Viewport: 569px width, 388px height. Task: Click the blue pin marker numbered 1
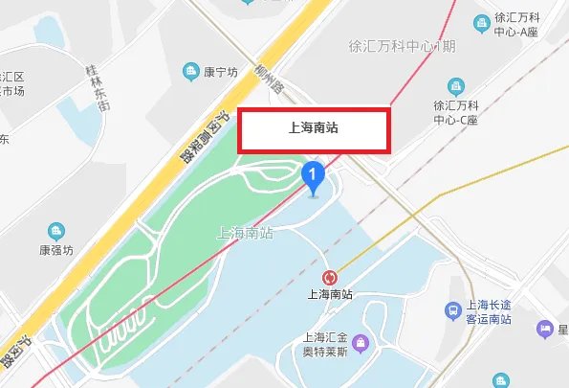click(313, 176)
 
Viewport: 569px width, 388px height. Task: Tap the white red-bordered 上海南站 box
click(314, 131)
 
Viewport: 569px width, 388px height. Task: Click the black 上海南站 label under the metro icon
click(330, 295)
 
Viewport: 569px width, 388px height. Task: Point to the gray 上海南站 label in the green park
click(247, 232)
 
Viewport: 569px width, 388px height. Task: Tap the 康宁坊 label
click(220, 72)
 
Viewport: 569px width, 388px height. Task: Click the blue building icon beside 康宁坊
click(191, 72)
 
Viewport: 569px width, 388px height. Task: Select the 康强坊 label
click(56, 249)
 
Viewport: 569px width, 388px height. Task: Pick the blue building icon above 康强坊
click(56, 231)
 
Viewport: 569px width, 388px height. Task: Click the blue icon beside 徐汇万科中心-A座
click(478, 22)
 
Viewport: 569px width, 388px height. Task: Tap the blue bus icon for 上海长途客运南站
click(453, 309)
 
